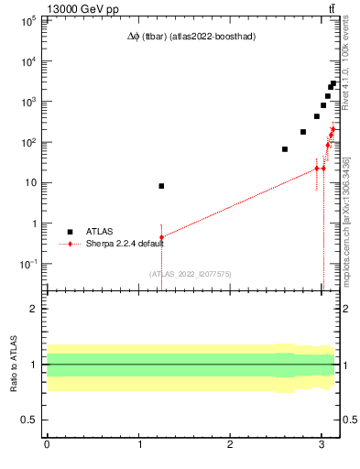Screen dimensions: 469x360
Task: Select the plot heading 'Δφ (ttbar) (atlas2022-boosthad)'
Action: pyautogui.click(x=191, y=37)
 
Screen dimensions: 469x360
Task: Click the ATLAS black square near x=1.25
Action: pyautogui.click(x=161, y=186)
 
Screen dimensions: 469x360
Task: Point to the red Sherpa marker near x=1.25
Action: pyautogui.click(x=161, y=237)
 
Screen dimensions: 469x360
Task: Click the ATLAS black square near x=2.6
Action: pyautogui.click(x=285, y=149)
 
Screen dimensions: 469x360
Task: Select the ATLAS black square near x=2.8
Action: pyautogui.click(x=303, y=132)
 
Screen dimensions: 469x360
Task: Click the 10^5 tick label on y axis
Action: pyautogui.click(x=27, y=21)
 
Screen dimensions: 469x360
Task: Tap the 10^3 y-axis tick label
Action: pyautogui.click(x=27, y=102)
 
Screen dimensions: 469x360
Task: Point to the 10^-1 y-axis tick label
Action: pyautogui.click(x=27, y=264)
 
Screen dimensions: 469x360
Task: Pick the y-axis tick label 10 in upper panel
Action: pyautogui.click(x=30, y=182)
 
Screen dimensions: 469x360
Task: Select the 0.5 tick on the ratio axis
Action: pyautogui.click(x=30, y=420)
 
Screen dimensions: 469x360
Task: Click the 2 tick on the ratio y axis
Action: pyautogui.click(x=34, y=309)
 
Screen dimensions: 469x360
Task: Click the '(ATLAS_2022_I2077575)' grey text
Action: pyautogui.click(x=190, y=274)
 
